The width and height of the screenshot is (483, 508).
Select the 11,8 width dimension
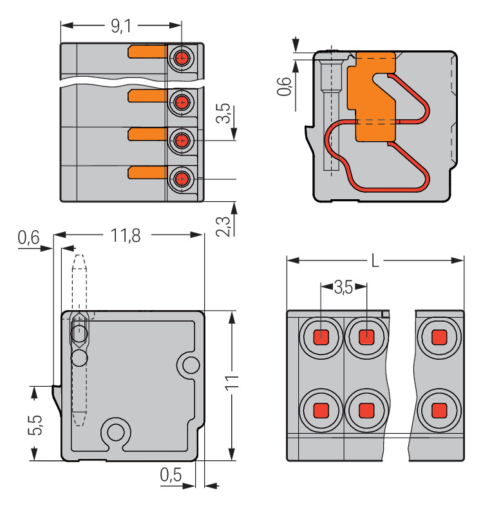point(126,235)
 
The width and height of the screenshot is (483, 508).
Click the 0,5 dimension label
point(171,476)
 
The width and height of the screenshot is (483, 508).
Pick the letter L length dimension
point(375,261)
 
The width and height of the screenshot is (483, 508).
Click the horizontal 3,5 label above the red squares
point(343,288)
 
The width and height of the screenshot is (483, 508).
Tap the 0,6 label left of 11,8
point(28,238)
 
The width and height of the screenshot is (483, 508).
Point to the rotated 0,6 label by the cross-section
point(283,85)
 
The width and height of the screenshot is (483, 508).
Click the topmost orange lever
point(147,52)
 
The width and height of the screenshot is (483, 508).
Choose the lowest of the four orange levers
point(147,172)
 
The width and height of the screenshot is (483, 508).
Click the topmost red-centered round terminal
point(182,58)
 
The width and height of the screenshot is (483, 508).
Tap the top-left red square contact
point(321,337)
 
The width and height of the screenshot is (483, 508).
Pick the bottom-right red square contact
point(439,409)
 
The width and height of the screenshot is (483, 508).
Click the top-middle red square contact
point(366,337)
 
